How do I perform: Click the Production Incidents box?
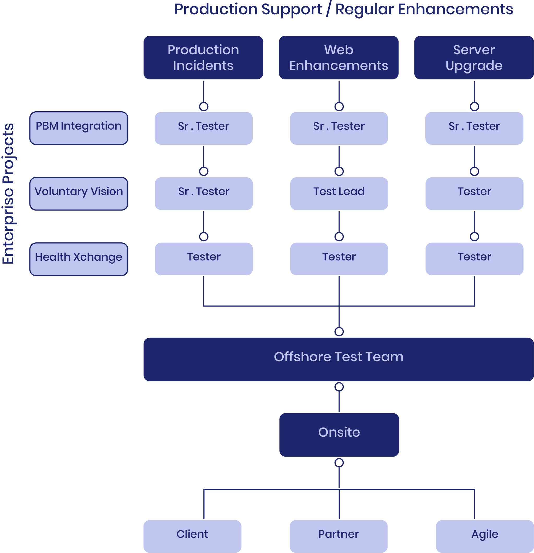(203, 57)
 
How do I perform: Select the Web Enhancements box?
(339, 57)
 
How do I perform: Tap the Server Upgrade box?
(474, 57)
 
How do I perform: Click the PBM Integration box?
(79, 128)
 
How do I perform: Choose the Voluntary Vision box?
(79, 194)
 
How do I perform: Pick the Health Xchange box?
(79, 259)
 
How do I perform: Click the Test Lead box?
(339, 194)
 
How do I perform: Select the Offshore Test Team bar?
(339, 359)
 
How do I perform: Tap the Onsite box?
(339, 435)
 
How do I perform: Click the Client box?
(192, 536)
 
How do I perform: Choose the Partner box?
(339, 536)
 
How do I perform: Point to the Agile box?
(485, 536)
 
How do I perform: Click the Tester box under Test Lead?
(339, 259)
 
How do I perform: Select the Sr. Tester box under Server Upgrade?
(474, 128)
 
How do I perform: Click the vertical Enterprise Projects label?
(8, 194)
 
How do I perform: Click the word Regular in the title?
(364, 10)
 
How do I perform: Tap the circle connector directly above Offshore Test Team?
(339, 331)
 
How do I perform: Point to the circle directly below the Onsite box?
(339, 463)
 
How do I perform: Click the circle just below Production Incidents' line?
(204, 107)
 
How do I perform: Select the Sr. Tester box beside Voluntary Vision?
(204, 194)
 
